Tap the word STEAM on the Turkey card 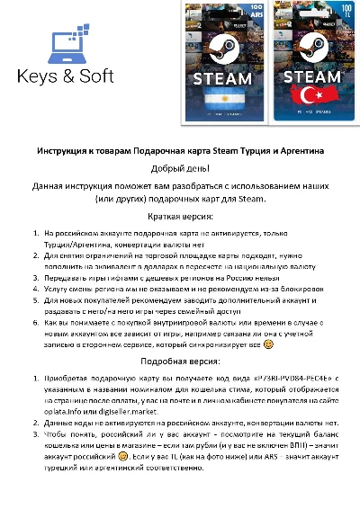pyautogui.click(x=306, y=74)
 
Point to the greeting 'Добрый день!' pyautogui.click(x=179, y=168)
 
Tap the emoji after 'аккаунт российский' pyautogui.click(x=134, y=457)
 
